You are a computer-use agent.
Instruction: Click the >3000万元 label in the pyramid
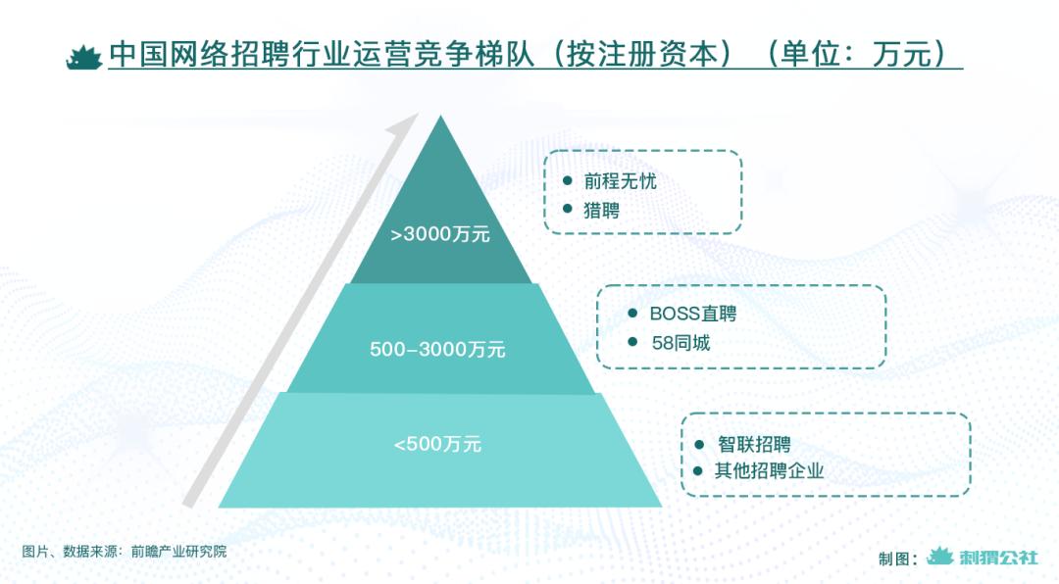coord(439,235)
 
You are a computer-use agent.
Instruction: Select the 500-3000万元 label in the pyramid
coord(437,349)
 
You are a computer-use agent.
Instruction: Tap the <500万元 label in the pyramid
coord(437,444)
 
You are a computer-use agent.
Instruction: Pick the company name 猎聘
coord(602,211)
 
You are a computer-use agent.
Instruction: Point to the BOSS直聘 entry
coord(692,315)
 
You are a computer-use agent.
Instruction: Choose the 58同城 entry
coord(681,343)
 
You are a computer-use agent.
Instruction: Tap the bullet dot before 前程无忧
coord(567,182)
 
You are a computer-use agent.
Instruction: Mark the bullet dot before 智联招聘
coord(698,444)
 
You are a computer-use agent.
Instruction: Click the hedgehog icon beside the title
coord(84,57)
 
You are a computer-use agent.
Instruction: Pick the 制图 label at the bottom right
coord(894,559)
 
